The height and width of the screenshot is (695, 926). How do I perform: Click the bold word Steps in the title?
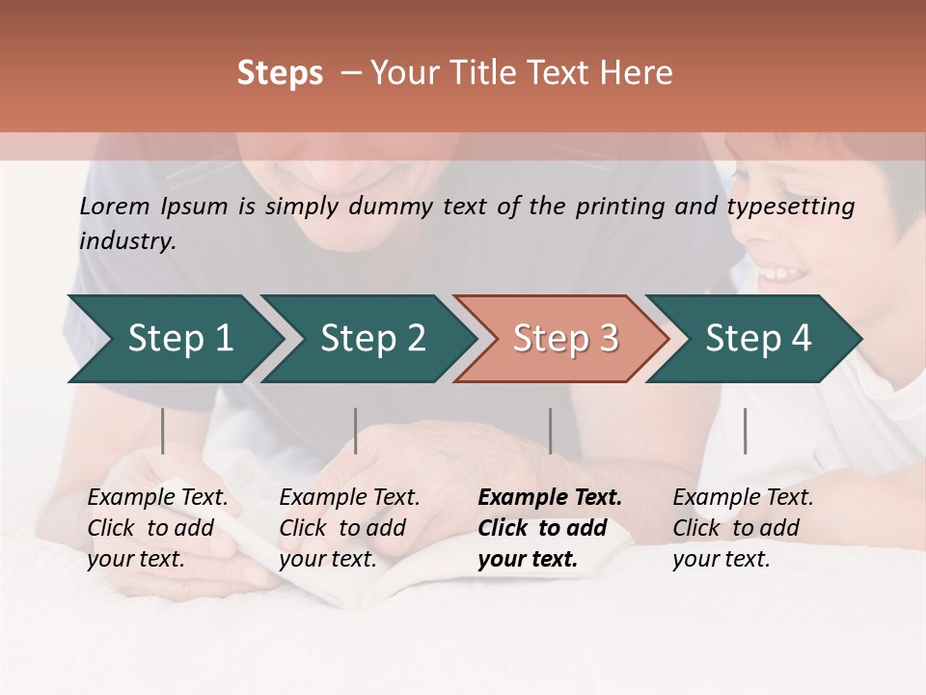point(280,73)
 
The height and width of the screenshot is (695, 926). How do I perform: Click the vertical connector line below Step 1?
point(162,431)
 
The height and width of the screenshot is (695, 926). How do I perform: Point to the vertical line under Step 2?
point(355,431)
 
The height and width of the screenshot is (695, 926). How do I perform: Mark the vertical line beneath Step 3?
point(550,431)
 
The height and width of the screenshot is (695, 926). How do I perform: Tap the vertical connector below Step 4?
point(745,431)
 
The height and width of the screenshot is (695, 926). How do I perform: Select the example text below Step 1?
point(157,528)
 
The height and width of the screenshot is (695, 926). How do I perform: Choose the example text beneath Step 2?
point(349,528)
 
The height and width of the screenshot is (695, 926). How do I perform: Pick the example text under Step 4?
point(743,528)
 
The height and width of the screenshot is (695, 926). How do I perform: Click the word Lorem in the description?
point(115,207)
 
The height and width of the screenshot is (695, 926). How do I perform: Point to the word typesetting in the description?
point(791,207)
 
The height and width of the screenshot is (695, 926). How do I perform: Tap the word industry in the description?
point(127,241)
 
